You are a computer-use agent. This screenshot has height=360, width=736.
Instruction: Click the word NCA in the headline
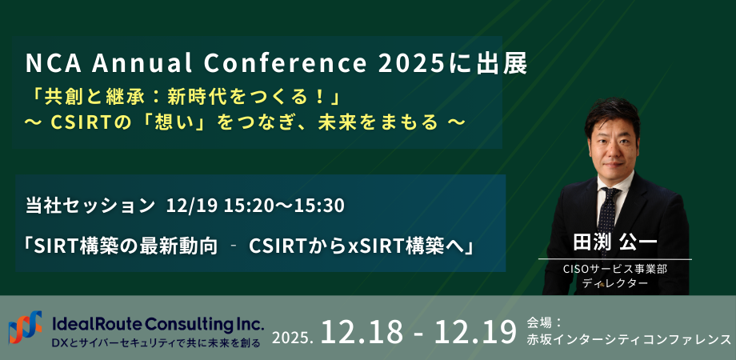coord(47,64)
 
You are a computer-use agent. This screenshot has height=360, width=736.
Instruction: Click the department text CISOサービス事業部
coord(614,270)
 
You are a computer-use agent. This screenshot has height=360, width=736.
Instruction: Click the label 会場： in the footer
coord(546,322)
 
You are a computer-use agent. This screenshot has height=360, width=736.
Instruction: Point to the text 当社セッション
coord(90,206)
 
